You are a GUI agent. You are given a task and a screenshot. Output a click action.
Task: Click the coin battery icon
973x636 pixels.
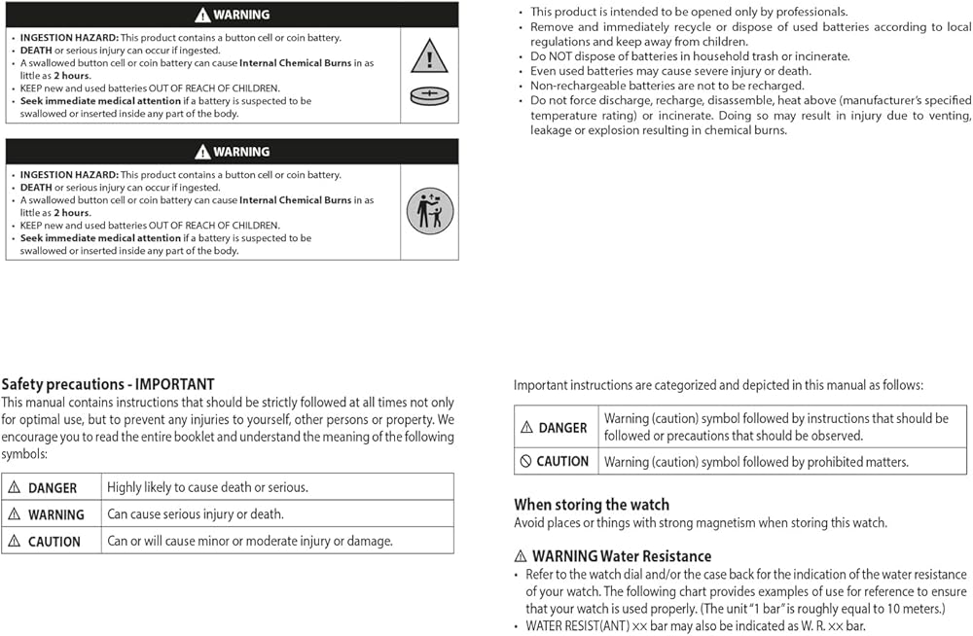click(x=429, y=95)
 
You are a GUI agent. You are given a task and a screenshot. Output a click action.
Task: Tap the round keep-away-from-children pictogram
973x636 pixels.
click(x=429, y=211)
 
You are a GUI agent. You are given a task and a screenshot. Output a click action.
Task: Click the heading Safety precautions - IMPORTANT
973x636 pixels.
click(x=108, y=384)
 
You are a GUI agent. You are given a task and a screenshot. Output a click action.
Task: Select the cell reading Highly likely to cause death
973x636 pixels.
click(x=207, y=487)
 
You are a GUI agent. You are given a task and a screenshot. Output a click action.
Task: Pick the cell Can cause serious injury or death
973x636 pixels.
click(x=196, y=514)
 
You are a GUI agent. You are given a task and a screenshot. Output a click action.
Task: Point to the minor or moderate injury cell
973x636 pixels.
click(x=250, y=541)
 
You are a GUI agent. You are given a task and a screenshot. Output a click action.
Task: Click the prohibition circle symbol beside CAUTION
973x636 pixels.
click(x=526, y=462)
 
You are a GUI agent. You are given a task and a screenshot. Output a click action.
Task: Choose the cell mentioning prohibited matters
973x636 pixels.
click(x=756, y=462)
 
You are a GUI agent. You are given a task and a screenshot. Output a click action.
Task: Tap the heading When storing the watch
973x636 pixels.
click(x=592, y=505)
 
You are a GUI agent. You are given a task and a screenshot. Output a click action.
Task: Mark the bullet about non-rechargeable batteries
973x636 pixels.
click(x=667, y=86)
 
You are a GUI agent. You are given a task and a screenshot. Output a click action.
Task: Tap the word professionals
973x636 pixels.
click(x=807, y=12)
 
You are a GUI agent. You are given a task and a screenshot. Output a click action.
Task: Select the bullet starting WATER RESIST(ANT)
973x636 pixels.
click(x=695, y=626)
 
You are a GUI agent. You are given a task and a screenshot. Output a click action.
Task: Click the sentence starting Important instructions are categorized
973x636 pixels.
click(x=718, y=385)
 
